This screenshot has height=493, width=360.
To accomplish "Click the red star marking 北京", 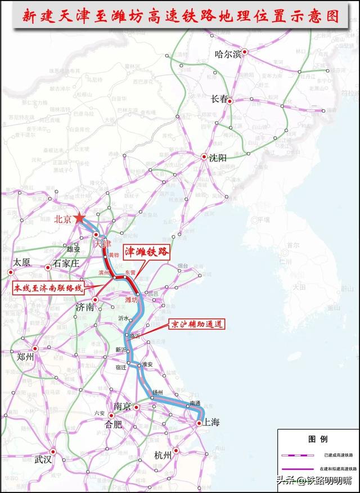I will coord(80,218).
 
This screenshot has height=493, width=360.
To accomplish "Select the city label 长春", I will coord(219,99).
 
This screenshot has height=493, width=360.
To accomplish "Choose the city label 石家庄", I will coord(68,263).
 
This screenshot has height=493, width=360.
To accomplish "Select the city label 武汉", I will coord(43,459).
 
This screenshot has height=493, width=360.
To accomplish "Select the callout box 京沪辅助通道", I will coord(196,325).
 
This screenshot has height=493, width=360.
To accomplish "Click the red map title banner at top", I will coord(180,16).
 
